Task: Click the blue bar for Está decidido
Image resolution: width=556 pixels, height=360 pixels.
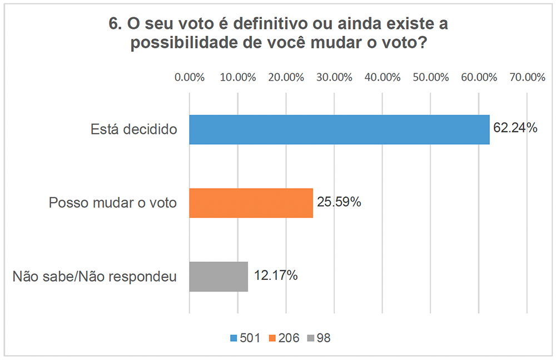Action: [339, 130]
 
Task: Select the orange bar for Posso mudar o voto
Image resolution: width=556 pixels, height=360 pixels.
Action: [251, 203]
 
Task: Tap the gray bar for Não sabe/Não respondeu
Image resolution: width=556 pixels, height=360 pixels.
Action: [219, 276]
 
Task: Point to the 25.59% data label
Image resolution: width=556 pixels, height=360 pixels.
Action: [339, 202]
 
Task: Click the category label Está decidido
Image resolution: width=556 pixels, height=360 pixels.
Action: [133, 130]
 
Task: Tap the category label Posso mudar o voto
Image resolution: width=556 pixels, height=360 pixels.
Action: [113, 203]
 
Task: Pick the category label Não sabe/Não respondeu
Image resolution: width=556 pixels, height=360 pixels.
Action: [95, 277]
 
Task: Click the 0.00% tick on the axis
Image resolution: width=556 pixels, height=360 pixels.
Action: [190, 77]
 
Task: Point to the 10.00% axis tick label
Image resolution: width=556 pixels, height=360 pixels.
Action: [238, 77]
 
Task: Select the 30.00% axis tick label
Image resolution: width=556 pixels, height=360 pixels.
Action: [334, 77]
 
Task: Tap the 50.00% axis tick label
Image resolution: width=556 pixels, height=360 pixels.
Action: [431, 77]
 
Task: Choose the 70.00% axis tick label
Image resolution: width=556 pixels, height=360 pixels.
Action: [527, 77]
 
